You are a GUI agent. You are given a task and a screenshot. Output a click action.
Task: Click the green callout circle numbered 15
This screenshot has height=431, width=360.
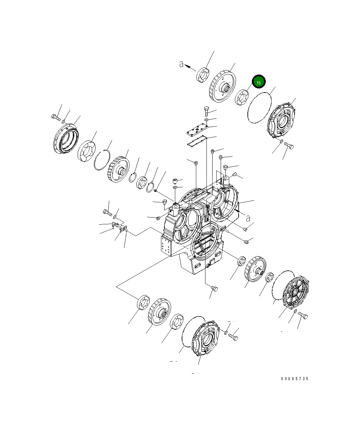click(x=259, y=82)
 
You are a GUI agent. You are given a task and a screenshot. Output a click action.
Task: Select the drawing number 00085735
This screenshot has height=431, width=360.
click(x=294, y=379)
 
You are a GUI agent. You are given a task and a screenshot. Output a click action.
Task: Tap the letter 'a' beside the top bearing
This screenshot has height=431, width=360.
click(x=182, y=64)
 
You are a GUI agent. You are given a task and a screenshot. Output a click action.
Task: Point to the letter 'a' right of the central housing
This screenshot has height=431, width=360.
click(x=248, y=218)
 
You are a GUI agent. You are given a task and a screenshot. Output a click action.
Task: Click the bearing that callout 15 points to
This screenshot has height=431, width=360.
click(x=242, y=98)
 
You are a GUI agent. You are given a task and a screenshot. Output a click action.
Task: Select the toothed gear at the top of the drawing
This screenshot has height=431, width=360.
click(x=222, y=87)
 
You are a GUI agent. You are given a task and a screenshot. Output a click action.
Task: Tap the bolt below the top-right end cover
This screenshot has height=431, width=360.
click(x=289, y=146)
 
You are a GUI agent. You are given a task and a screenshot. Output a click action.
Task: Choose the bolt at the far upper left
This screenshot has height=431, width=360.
click(x=55, y=117)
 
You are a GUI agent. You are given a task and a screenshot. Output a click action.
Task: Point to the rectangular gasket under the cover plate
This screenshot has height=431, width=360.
click(x=197, y=142)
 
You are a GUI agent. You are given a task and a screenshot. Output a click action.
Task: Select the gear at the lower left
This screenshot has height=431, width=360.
click(x=159, y=312)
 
